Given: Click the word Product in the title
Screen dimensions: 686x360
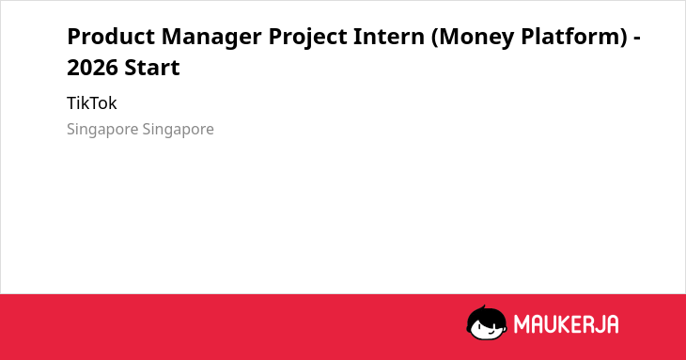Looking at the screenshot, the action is (x=111, y=37).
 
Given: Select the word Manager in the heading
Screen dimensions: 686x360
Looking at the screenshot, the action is (x=211, y=38).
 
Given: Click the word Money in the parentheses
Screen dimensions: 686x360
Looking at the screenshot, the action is (x=476, y=38).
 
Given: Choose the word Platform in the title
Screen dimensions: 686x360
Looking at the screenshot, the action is (x=570, y=37).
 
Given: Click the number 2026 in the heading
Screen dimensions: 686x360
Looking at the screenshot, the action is (x=92, y=68).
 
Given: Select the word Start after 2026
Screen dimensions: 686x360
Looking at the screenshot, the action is (x=152, y=68).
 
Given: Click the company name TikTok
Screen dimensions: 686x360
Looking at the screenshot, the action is (x=92, y=103).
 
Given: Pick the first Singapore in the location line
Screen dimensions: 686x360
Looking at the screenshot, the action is (x=102, y=130).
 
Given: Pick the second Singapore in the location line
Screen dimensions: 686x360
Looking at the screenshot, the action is (x=178, y=130).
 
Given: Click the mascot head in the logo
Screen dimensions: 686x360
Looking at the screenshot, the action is (x=487, y=323).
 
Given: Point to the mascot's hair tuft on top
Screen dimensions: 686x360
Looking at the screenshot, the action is (x=483, y=308).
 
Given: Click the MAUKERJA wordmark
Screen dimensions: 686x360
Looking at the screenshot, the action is (x=566, y=324).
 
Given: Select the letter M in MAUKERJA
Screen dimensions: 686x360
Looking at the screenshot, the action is (x=522, y=324).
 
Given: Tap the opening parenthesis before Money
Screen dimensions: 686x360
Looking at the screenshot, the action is (x=435, y=38).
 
